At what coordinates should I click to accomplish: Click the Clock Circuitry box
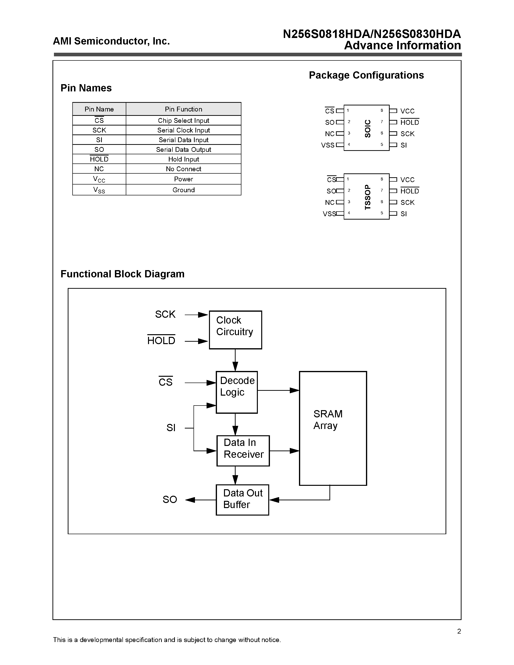[x=235, y=330]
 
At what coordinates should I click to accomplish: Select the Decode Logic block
[x=237, y=392]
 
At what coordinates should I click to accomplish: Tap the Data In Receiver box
[x=243, y=451]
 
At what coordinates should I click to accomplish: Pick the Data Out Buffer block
[x=242, y=500]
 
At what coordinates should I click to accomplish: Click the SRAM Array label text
[x=328, y=420]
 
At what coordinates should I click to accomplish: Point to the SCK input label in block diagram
[x=165, y=314]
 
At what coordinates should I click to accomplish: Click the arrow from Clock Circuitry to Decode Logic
[x=235, y=360]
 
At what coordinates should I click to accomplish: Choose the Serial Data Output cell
[x=184, y=149]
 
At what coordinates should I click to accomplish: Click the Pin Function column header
[x=184, y=109]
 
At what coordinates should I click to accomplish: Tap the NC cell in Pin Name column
[x=99, y=169]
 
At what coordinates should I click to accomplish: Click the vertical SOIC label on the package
[x=368, y=128]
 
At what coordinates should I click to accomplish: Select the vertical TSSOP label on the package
[x=368, y=197]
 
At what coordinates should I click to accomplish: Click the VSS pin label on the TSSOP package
[x=329, y=214]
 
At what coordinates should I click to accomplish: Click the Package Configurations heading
[x=366, y=75]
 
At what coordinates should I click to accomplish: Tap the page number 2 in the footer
[x=459, y=631]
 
